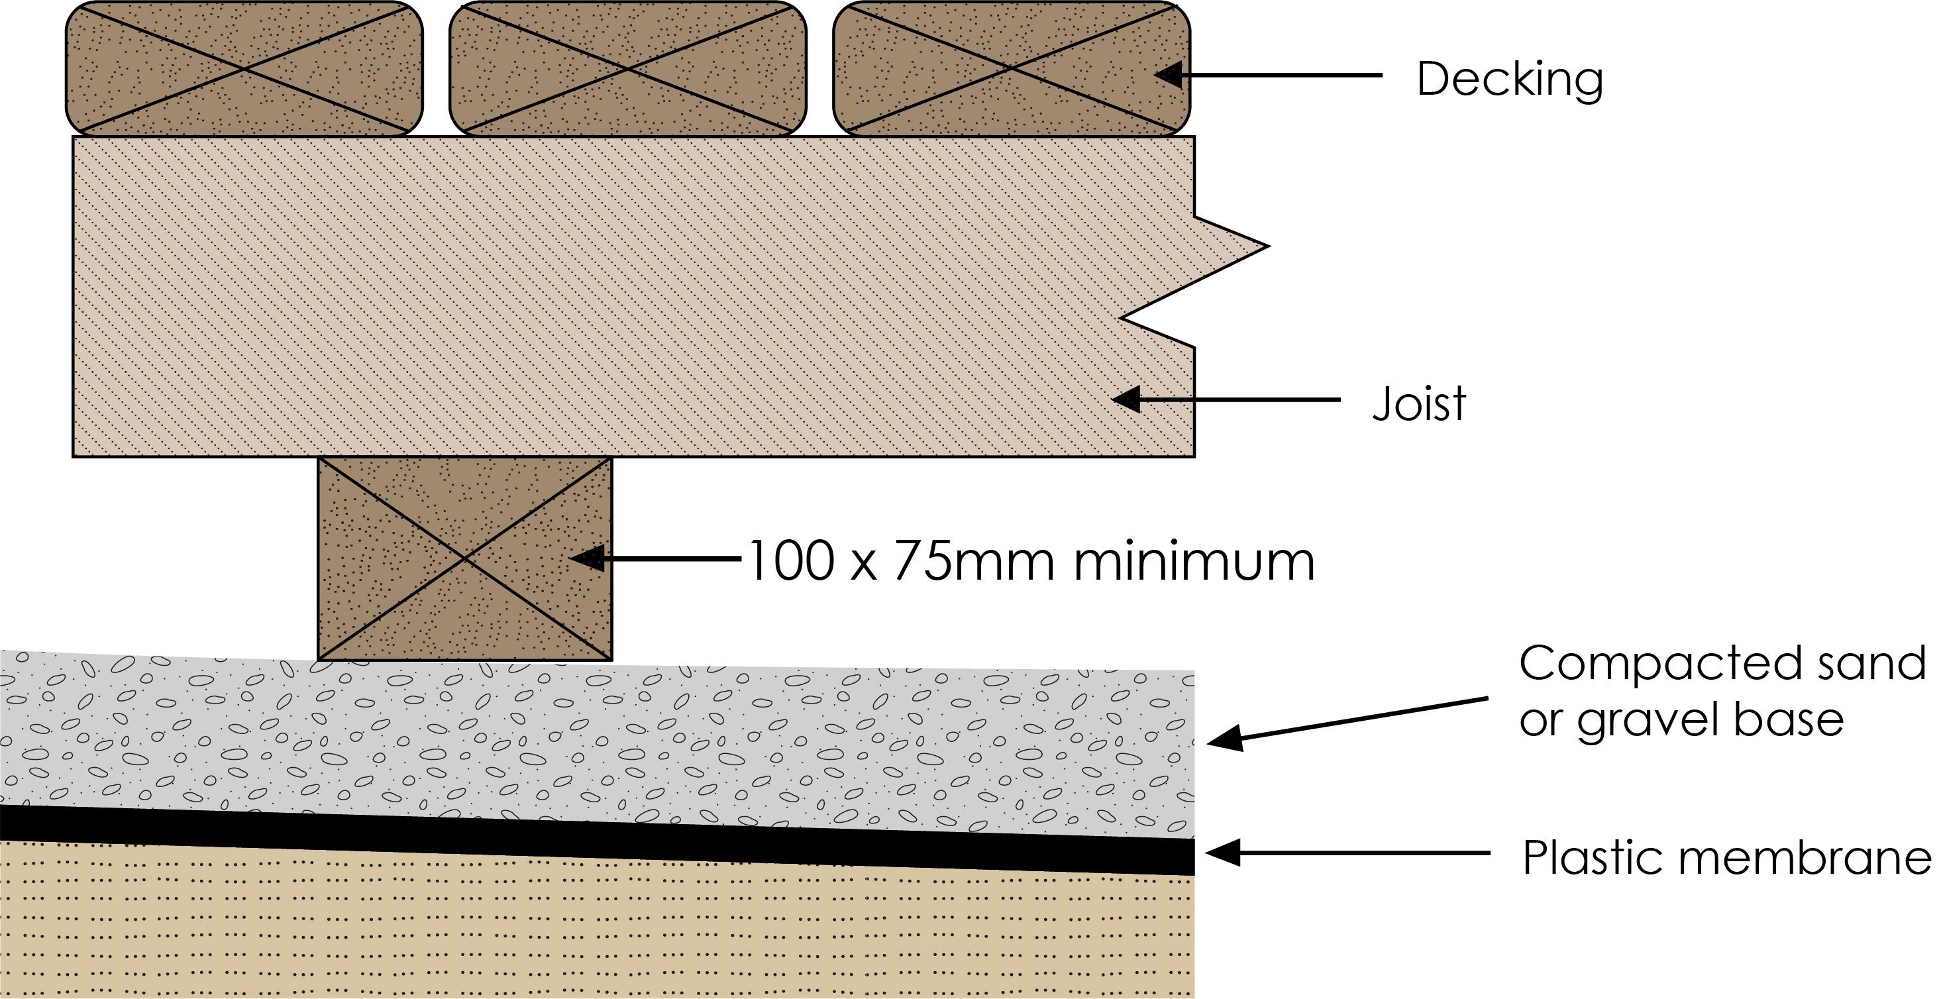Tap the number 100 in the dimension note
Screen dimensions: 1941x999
pyautogui.click(x=791, y=561)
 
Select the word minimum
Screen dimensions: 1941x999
pyautogui.click(x=1194, y=561)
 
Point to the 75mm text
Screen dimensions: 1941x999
pyautogui.click(x=980, y=561)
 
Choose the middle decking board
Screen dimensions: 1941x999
pyautogui.click(x=627, y=68)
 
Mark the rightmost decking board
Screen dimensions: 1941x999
pyautogui.click(x=1011, y=68)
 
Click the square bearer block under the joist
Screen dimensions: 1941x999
pyautogui.click(x=465, y=558)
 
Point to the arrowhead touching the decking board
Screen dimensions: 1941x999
pyautogui.click(x=1169, y=76)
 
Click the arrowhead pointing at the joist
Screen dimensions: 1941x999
pyautogui.click(x=1126, y=399)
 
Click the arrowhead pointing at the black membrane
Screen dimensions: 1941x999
pyautogui.click(x=1222, y=853)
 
